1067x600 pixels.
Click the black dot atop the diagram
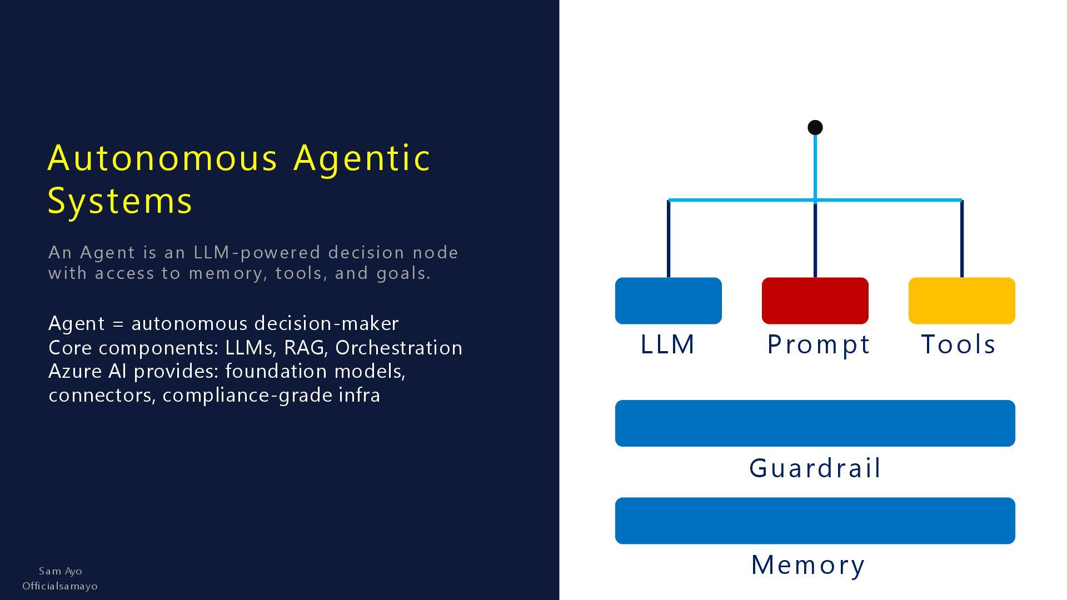click(815, 128)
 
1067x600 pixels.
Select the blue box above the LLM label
click(668, 301)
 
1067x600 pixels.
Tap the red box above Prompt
click(815, 301)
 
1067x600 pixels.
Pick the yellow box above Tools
click(961, 301)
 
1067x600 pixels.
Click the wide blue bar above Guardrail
click(815, 423)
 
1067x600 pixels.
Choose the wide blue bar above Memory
click(815, 521)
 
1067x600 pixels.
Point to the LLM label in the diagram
click(667, 344)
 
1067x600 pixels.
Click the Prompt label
click(818, 344)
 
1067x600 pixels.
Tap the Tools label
click(958, 344)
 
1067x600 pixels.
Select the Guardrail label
click(815, 468)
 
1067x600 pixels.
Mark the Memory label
click(808, 565)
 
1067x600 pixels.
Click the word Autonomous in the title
click(162, 158)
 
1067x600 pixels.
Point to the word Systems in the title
click(120, 201)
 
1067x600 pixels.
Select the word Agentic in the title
click(362, 158)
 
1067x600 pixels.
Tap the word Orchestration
click(398, 348)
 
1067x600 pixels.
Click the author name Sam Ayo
click(61, 571)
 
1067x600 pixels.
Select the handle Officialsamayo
click(60, 586)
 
